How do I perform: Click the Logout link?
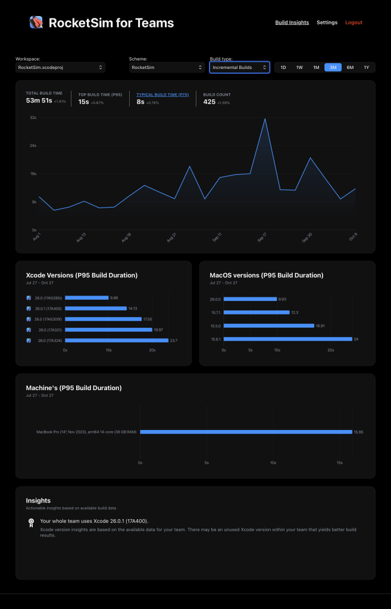click(x=354, y=23)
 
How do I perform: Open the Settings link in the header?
click(x=327, y=23)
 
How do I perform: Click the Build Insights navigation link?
click(x=292, y=23)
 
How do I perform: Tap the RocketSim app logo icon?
click(x=36, y=23)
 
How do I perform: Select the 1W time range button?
click(x=299, y=68)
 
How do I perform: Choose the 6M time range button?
click(x=350, y=68)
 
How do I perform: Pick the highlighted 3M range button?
click(x=333, y=68)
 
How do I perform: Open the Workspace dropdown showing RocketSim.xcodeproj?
click(x=60, y=68)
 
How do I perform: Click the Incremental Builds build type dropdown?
click(x=239, y=68)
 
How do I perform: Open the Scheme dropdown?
click(x=167, y=68)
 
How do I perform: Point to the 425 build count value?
click(x=209, y=102)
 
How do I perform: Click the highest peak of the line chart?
click(x=265, y=119)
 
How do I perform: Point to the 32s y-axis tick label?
click(x=33, y=118)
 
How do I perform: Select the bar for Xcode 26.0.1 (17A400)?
click(x=96, y=308)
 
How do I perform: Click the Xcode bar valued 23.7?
click(x=117, y=340)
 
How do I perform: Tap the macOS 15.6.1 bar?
click(x=287, y=339)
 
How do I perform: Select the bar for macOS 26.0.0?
click(x=250, y=299)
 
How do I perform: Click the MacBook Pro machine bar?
click(x=246, y=432)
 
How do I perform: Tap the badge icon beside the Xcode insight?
click(x=31, y=522)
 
